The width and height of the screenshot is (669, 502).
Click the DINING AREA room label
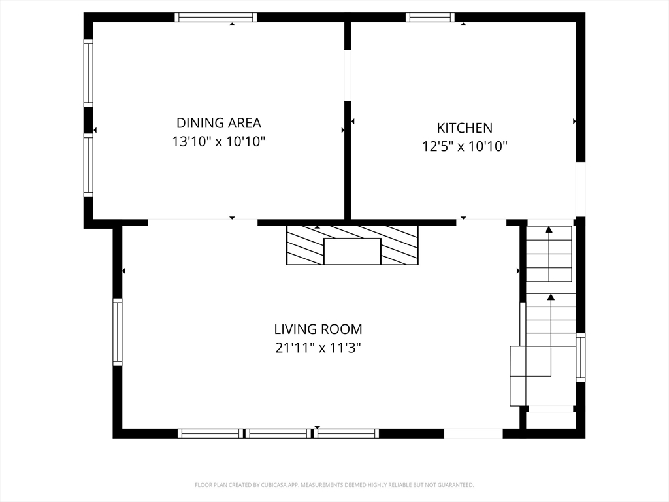pyautogui.click(x=218, y=123)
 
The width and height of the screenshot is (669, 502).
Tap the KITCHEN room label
pyautogui.click(x=465, y=128)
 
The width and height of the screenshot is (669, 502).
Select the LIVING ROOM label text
pyautogui.click(x=318, y=329)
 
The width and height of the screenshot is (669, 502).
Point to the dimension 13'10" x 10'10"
pyautogui.click(x=219, y=141)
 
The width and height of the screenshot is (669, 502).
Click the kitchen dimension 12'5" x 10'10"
pyautogui.click(x=465, y=146)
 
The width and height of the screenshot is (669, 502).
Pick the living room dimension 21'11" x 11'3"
pyautogui.click(x=318, y=348)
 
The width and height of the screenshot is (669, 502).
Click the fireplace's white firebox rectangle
pyautogui.click(x=352, y=252)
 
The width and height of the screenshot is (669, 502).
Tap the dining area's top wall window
pyautogui.click(x=216, y=17)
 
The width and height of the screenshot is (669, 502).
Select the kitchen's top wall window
pyautogui.click(x=430, y=17)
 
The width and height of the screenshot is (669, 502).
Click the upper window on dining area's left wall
pyautogui.click(x=88, y=73)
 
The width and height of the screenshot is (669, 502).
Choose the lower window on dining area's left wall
pyautogui.click(x=88, y=165)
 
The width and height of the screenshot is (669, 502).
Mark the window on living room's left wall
pyautogui.click(x=118, y=332)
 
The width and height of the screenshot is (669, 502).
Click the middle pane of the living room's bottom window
pyautogui.click(x=278, y=434)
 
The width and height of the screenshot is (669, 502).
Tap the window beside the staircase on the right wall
pyautogui.click(x=580, y=358)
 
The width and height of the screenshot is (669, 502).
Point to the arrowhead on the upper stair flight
pyautogui.click(x=549, y=229)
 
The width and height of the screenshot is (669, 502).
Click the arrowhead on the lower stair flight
pyautogui.click(x=551, y=297)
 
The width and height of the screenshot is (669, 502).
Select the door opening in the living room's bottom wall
pyautogui.click(x=474, y=434)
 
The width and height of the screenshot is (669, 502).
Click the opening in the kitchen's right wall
pyautogui.click(x=580, y=189)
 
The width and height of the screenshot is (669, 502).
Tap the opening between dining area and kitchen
pyautogui.click(x=348, y=76)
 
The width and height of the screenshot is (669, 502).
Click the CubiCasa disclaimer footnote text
pyautogui.click(x=334, y=485)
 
